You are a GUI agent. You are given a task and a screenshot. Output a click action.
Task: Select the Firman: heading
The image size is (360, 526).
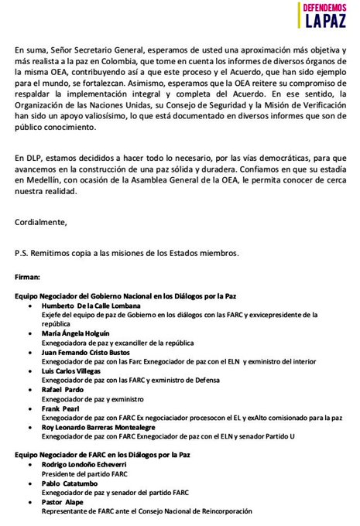click(x=30, y=275)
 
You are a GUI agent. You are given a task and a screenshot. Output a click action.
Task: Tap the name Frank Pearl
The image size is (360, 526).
click(x=62, y=408)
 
